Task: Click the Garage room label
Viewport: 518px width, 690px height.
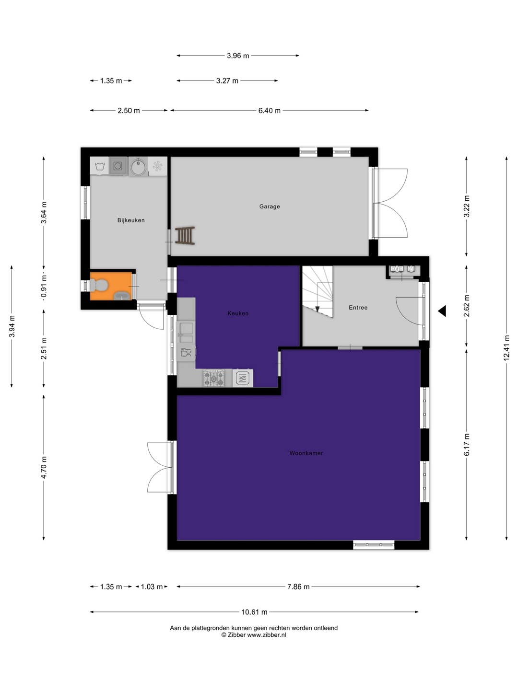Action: coord(269,207)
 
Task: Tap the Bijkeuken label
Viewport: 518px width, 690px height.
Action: coord(131,220)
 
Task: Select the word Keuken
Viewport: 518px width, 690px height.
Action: coord(238,313)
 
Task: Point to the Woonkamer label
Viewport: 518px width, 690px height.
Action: coord(306,453)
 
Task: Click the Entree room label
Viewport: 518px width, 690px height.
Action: coord(358,308)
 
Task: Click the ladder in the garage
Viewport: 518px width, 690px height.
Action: coord(185,236)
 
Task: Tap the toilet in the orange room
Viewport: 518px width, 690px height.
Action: coord(99,285)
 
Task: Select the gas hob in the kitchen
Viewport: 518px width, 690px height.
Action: coord(214,378)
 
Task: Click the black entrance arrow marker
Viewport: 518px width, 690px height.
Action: coord(442,311)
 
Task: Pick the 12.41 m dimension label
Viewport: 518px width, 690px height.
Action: coord(506,348)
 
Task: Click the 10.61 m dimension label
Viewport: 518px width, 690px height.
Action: coord(254,612)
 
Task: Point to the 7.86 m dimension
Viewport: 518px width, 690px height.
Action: coord(298,586)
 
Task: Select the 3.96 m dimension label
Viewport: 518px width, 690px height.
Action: coord(238,56)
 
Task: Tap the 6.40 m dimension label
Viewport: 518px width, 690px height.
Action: coord(269,111)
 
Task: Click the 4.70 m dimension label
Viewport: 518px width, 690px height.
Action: coord(44,468)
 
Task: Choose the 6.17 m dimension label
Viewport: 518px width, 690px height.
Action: coord(466,445)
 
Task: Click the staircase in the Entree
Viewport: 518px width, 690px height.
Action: coord(318,291)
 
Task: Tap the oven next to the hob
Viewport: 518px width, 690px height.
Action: coord(243,378)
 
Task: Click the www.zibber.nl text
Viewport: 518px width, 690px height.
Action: coord(267,635)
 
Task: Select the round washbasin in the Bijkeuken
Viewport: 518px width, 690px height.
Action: coord(139,167)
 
